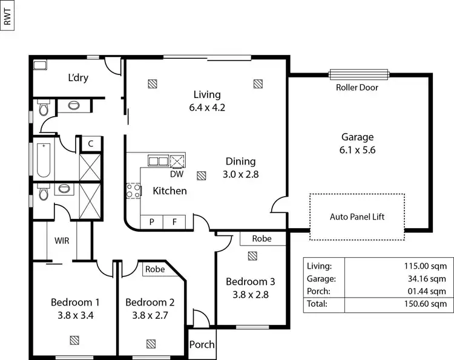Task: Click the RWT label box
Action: click(7, 16)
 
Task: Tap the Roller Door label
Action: click(357, 87)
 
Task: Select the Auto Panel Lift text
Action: click(357, 217)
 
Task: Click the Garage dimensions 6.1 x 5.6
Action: click(357, 151)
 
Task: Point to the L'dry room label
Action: click(78, 78)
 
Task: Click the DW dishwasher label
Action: click(177, 174)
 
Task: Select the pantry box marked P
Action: click(152, 222)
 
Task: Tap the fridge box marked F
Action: click(174, 222)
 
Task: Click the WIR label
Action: click(62, 240)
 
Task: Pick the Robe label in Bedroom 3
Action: click(262, 239)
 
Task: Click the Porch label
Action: click(202, 344)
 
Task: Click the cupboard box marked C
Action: click(90, 144)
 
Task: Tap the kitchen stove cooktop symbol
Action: click(133, 191)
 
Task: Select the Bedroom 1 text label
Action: click(74, 302)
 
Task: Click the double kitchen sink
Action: click(159, 161)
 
